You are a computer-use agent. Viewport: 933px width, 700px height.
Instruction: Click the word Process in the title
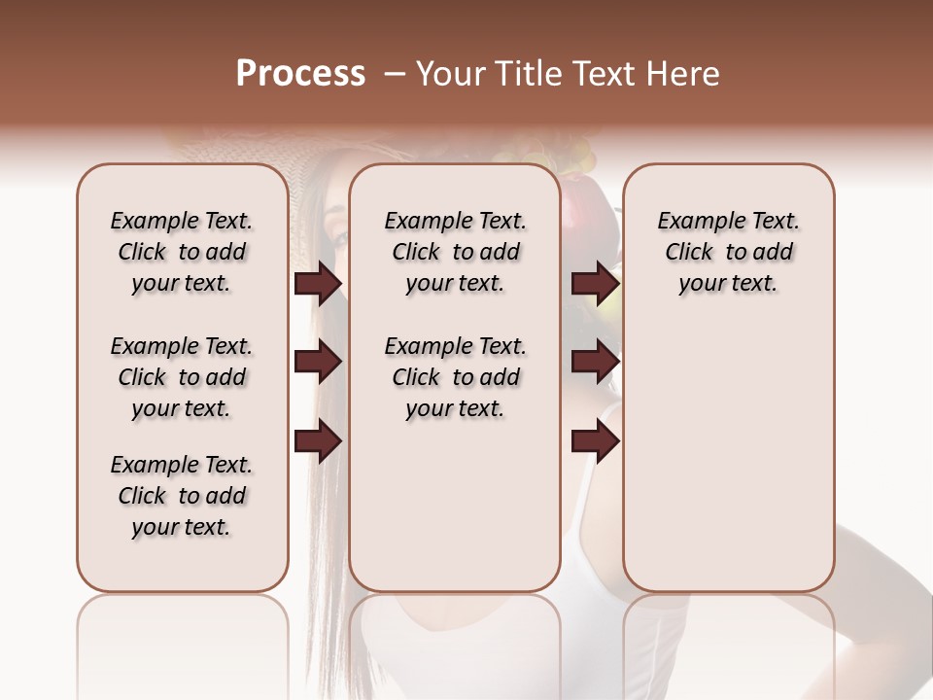pyautogui.click(x=300, y=74)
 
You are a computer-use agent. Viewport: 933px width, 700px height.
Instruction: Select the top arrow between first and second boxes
pyautogui.click(x=318, y=283)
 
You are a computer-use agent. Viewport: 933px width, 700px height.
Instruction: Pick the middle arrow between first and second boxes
pyautogui.click(x=318, y=363)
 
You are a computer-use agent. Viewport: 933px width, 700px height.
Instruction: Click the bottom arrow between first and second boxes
pyautogui.click(x=318, y=442)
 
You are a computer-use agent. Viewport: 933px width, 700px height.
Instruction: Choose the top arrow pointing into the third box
pyautogui.click(x=595, y=283)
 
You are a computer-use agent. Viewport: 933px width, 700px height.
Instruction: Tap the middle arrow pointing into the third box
pyautogui.click(x=595, y=363)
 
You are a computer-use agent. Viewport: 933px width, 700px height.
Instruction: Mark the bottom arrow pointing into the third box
pyautogui.click(x=595, y=442)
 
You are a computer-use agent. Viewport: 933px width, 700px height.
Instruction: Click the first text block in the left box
pyautogui.click(x=182, y=252)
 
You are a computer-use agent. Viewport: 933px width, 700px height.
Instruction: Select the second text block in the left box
pyautogui.click(x=182, y=377)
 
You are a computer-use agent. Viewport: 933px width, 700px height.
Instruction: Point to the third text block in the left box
pyautogui.click(x=182, y=496)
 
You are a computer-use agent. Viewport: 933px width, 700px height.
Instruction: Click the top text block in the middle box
pyautogui.click(x=455, y=252)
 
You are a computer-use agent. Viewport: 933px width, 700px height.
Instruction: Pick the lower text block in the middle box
pyautogui.click(x=455, y=377)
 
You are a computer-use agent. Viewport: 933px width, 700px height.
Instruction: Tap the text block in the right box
pyautogui.click(x=728, y=252)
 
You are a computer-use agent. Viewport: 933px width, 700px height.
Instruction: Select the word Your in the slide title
pyautogui.click(x=450, y=74)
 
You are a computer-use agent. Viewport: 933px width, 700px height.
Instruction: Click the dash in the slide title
pyautogui.click(x=394, y=74)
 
